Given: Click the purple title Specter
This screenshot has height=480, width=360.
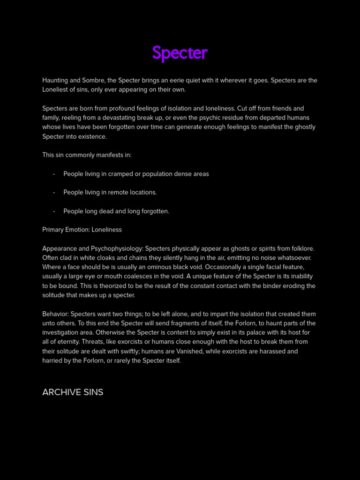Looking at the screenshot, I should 180,54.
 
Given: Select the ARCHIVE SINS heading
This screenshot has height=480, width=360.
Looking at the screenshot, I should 73,392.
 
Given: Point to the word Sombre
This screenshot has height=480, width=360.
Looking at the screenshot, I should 93,80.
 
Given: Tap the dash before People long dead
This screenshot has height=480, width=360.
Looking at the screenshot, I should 54,211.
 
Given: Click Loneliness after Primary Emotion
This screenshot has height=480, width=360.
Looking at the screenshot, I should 106,230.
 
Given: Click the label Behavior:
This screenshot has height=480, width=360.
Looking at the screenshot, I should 55,314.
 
